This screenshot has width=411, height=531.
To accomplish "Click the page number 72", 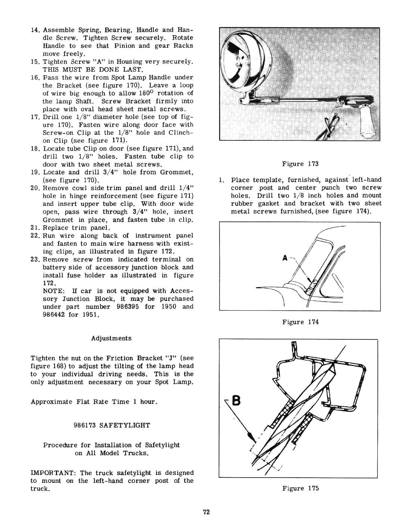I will (x=206, y=512).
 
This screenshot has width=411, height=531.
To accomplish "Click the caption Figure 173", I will (x=300, y=164).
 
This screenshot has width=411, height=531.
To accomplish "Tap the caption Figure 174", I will (x=300, y=322).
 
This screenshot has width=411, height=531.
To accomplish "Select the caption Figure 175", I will (x=300, y=488).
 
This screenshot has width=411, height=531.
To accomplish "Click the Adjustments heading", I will (x=111, y=338).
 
